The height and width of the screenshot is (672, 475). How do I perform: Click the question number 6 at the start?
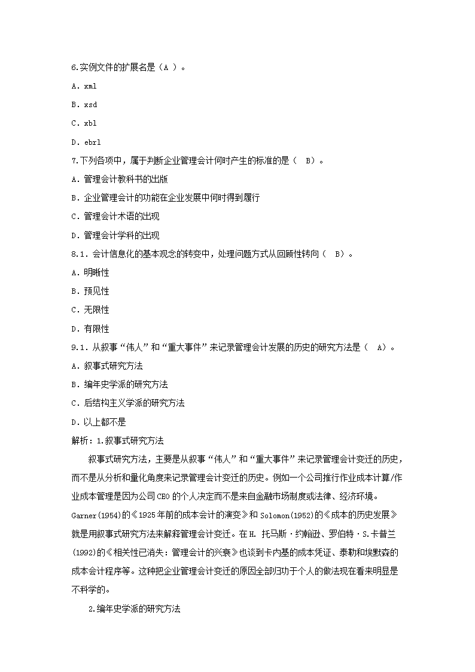click(x=74, y=68)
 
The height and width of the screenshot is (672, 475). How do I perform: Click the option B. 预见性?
click(x=90, y=291)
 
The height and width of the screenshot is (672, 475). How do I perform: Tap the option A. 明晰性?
click(x=90, y=273)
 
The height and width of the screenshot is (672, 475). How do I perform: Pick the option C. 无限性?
click(x=90, y=310)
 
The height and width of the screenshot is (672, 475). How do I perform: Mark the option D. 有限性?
click(x=90, y=329)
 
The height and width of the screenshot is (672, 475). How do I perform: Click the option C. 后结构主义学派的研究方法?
click(x=127, y=403)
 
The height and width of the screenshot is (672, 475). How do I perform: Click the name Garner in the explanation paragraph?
click(x=84, y=515)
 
